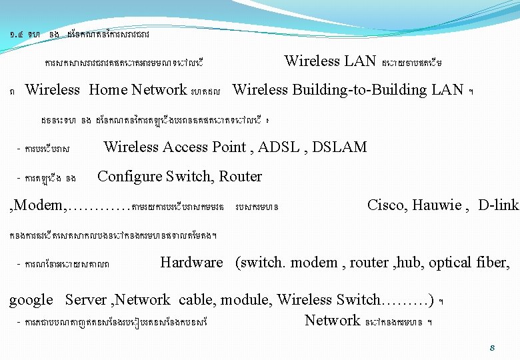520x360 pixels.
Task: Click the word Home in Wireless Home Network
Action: (x=108, y=89)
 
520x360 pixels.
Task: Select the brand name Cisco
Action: (x=386, y=205)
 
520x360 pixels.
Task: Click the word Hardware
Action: (x=191, y=263)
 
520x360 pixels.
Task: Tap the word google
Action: (x=31, y=301)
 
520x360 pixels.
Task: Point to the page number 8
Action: (x=491, y=347)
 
